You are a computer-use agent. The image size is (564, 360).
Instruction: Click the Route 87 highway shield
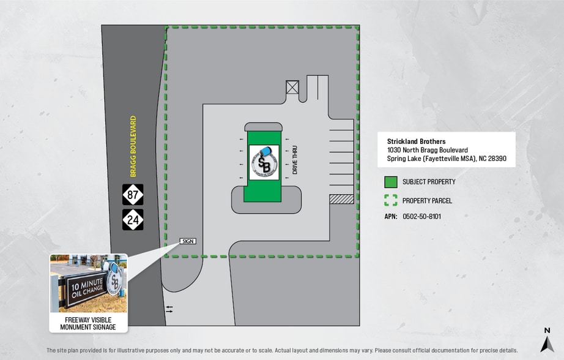(x=133, y=195)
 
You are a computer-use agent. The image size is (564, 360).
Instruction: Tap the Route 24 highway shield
(x=133, y=219)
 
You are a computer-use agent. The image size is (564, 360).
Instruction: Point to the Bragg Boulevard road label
(x=133, y=146)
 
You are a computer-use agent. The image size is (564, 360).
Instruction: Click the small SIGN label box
(x=188, y=241)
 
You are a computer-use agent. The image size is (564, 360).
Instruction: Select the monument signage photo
(x=89, y=283)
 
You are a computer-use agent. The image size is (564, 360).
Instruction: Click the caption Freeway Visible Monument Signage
(x=89, y=323)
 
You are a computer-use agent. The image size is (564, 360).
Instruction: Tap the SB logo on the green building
(x=264, y=162)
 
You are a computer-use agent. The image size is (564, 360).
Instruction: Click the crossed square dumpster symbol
(x=292, y=88)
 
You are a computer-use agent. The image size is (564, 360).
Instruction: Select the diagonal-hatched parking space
(x=341, y=199)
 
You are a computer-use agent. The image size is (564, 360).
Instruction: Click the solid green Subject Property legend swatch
(x=391, y=182)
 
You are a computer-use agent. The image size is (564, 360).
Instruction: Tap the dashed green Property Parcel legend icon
(x=391, y=200)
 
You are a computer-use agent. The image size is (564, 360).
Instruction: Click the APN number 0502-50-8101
(x=421, y=217)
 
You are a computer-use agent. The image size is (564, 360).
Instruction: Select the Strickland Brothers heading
(x=416, y=141)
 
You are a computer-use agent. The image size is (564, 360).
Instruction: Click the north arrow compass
(x=547, y=340)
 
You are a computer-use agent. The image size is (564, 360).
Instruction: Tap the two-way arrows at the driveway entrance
(x=169, y=309)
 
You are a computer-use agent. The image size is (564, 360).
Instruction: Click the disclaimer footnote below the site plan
(x=281, y=350)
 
